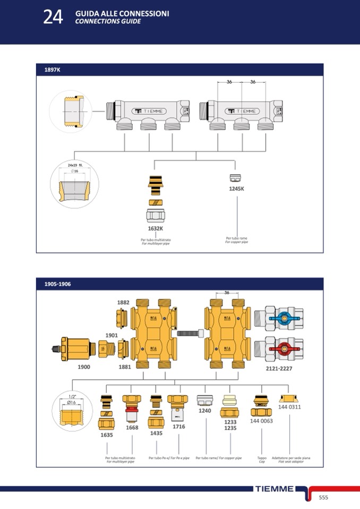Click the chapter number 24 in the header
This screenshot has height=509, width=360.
pos(53,17)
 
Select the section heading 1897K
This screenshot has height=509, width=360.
pos(52,70)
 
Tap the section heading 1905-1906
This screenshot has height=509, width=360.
pos(57,284)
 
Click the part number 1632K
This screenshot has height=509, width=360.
pos(156,229)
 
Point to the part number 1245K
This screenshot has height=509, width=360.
pos(236,188)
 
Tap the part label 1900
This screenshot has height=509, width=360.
pos(84,367)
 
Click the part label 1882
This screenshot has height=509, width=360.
pos(123,302)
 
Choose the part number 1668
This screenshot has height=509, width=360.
pos(132,427)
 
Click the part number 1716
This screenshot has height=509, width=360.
pos(178,426)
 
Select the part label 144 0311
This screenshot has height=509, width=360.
pos(289,407)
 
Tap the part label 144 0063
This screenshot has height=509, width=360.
pos(261,421)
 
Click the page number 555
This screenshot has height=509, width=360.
pos(323,497)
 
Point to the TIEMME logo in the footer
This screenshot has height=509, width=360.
pos(274,489)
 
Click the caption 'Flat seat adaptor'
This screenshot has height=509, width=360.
pos(290,461)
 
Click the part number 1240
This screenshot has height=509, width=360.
pos(204,410)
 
